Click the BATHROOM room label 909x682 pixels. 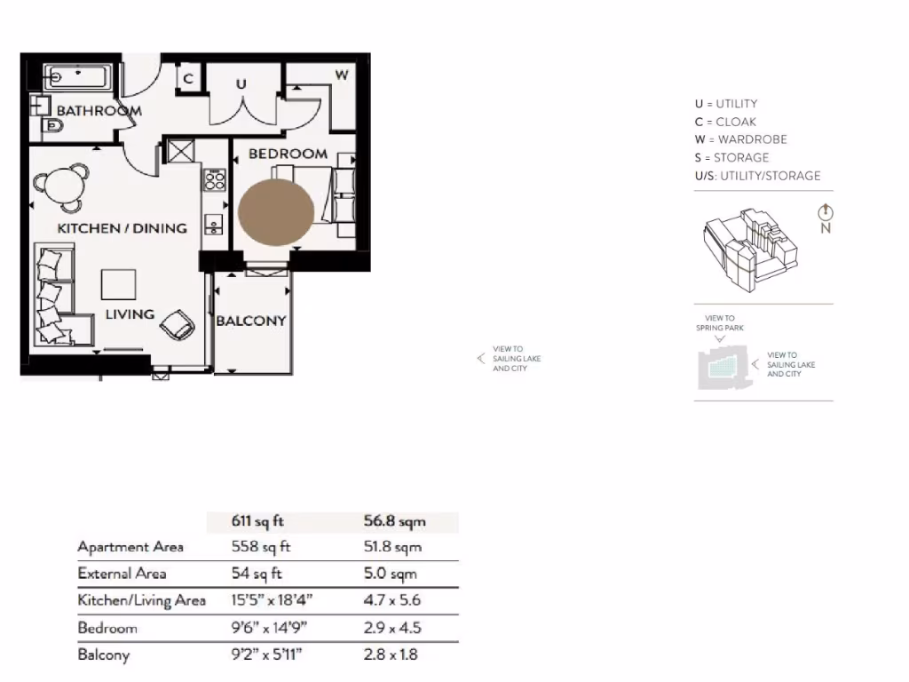[99, 111]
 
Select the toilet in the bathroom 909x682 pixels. [52, 131]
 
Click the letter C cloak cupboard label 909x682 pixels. [188, 79]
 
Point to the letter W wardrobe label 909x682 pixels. [341, 75]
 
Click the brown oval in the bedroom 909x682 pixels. [276, 211]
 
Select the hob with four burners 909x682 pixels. [215, 181]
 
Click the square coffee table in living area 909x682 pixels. [119, 284]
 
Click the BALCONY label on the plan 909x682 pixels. [251, 321]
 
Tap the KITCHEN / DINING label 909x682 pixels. [122, 228]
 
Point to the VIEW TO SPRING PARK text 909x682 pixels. [720, 323]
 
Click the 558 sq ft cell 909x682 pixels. [261, 547]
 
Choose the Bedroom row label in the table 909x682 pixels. [107, 629]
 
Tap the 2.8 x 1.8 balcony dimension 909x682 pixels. [391, 655]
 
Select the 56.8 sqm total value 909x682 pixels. [394, 521]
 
